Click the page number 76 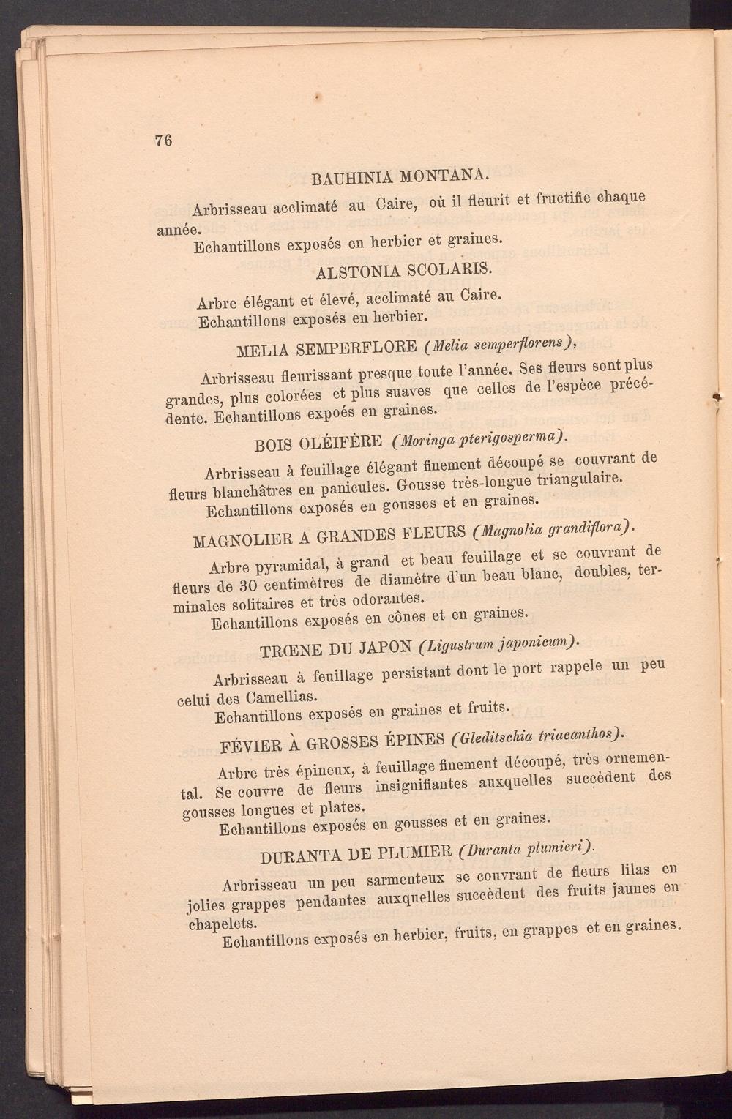coord(163,141)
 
